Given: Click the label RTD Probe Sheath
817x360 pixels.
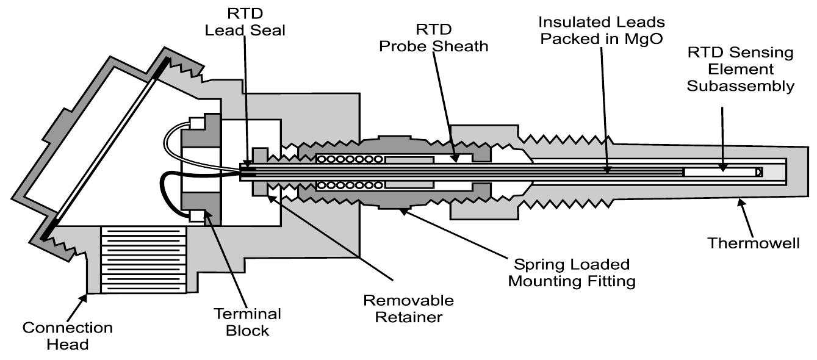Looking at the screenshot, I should pos(434,37).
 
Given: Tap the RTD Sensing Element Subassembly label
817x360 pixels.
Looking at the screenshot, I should pos(740,69).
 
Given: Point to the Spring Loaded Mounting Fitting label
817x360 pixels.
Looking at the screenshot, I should pos(572,273).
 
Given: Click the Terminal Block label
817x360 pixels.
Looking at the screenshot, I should pos(247,322).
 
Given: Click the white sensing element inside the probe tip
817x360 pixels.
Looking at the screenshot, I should pos(720,173).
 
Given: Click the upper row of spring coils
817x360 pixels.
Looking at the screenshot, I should pos(348,159).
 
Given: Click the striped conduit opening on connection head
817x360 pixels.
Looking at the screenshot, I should pos(143,259).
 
